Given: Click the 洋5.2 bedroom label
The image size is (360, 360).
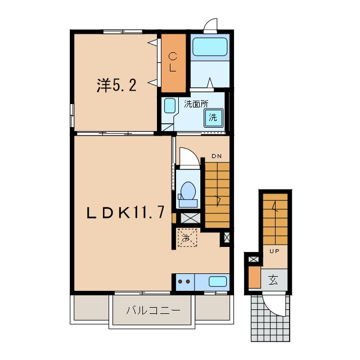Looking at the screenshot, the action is (116, 85).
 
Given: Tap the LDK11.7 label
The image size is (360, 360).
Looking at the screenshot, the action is (125, 213).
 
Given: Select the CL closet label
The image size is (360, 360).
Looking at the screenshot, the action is (173, 62).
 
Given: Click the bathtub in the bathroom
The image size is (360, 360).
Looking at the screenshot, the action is (210, 47).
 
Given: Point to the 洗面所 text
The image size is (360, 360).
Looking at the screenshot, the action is (196, 104).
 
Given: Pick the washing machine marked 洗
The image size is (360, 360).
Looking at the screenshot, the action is (214, 118).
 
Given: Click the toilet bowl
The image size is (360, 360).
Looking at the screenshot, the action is (188, 191).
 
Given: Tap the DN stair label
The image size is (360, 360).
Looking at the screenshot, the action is (217, 156).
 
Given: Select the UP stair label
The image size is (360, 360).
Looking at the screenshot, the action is (274, 251).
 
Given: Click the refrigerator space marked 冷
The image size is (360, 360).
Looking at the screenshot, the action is (187, 238).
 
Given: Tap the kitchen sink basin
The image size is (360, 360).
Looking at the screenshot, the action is (218, 281).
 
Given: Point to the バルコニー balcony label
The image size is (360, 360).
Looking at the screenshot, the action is (154, 310).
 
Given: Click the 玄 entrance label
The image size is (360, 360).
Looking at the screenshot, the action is (273, 280).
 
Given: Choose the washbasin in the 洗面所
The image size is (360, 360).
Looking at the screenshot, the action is (170, 106).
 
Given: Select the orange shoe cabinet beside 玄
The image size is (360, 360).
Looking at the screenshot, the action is (255, 277).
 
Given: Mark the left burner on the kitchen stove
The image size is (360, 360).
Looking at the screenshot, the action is (181, 281).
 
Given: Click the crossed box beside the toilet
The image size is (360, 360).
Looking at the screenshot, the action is (190, 218).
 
